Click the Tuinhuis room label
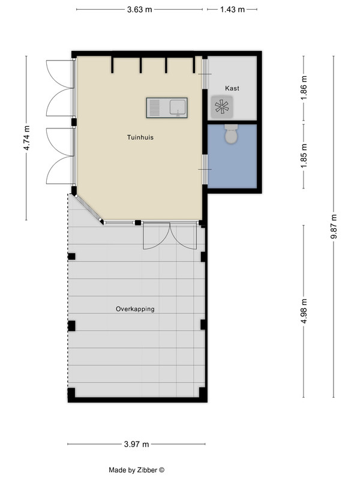pyautogui.click(x=140, y=137)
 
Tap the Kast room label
pyautogui.click(x=232, y=88)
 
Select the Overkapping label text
pyautogui.click(x=135, y=309)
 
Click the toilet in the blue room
pyautogui.click(x=231, y=134)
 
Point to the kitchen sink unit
pyautogui.click(x=167, y=108)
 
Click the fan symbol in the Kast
pyautogui.click(x=222, y=107)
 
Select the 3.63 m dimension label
pyautogui.click(x=140, y=10)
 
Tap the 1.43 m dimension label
pyautogui.click(x=232, y=10)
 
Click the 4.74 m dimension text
pyautogui.click(x=26, y=138)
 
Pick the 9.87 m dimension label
pyautogui.click(x=334, y=227)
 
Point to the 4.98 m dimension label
pyautogui.click(x=304, y=311)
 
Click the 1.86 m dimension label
pyautogui.click(x=304, y=88)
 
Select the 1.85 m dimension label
pyautogui.click(x=304, y=156)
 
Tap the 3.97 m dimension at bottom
pyautogui.click(x=137, y=444)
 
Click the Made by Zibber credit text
pyautogui.click(x=137, y=470)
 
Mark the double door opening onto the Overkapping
pyautogui.click(x=170, y=236)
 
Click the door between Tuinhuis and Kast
pyautogui.click(x=205, y=74)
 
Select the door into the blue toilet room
pyautogui.click(x=205, y=169)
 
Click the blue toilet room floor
pyautogui.click(x=232, y=162)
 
